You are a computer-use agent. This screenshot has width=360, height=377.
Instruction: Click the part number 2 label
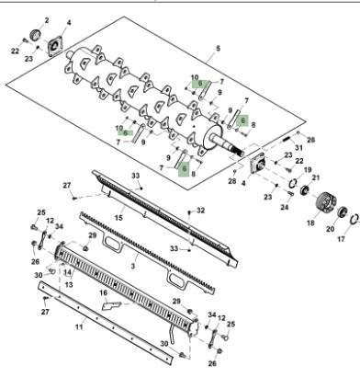click(x=47, y=20)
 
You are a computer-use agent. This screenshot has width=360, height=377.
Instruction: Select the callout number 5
click(x=218, y=49)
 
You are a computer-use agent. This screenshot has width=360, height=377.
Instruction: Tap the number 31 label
click(x=298, y=148)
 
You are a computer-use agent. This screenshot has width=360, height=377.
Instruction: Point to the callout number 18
click(x=310, y=223)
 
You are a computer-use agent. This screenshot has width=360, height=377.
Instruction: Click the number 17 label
click(x=342, y=238)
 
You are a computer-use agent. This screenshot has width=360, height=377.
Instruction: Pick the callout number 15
click(x=118, y=217)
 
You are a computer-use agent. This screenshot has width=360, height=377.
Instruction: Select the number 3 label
click(x=132, y=266)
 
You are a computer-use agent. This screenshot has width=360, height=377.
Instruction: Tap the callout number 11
click(x=79, y=327)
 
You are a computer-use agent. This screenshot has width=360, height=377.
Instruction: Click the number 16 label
click(x=103, y=293)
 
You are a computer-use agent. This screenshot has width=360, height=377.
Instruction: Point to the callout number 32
click(x=200, y=211)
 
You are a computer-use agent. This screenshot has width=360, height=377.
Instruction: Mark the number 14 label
click(x=67, y=272)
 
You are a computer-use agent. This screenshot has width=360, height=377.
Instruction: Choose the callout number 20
click(x=330, y=229)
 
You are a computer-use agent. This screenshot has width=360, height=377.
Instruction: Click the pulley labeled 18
click(x=326, y=203)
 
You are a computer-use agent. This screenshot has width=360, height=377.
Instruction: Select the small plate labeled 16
click(x=112, y=305)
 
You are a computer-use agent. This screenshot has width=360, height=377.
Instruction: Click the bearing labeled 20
click(x=343, y=211)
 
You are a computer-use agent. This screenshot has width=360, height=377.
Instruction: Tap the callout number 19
click(x=308, y=169)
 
